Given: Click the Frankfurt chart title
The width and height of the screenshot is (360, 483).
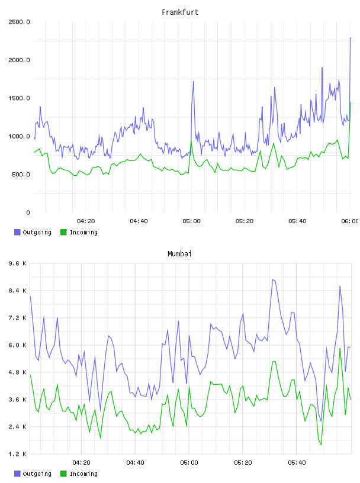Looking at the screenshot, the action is pyautogui.click(x=180, y=12).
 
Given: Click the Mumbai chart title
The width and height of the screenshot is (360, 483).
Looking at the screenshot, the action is pyautogui.click(x=179, y=254).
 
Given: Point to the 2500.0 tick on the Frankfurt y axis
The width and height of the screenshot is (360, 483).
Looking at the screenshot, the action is pyautogui.click(x=19, y=22).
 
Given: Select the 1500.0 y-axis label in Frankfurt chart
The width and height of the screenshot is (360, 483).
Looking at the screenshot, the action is pyautogui.click(x=19, y=98).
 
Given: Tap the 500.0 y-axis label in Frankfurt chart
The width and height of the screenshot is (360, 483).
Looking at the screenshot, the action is pyautogui.click(x=21, y=175).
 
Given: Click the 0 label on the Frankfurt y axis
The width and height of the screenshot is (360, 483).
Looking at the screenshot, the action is pyautogui.click(x=28, y=212).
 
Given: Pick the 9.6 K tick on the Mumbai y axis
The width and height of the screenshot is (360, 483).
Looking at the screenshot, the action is pyautogui.click(x=17, y=263).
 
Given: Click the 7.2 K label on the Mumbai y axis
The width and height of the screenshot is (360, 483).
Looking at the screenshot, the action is pyautogui.click(x=17, y=318).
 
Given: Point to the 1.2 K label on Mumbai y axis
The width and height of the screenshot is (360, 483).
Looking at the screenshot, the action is pyautogui.click(x=17, y=454).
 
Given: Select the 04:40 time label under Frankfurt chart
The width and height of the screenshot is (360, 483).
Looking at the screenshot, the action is pyautogui.click(x=139, y=221).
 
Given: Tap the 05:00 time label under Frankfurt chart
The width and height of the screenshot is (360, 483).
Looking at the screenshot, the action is pyautogui.click(x=191, y=221).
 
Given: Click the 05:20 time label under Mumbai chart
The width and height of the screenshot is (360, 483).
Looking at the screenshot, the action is pyautogui.click(x=243, y=463).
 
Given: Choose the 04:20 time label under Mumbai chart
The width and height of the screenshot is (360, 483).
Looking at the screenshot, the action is pyautogui.click(x=81, y=463).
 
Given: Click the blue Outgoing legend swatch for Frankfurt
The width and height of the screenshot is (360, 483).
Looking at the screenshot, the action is pyautogui.click(x=17, y=232).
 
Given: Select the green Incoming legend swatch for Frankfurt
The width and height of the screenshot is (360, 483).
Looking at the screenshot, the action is pyautogui.click(x=63, y=232).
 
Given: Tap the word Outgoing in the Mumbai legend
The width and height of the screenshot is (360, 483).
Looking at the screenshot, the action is pyautogui.click(x=37, y=474).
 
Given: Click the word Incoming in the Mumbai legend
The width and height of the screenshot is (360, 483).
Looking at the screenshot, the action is pyautogui.click(x=83, y=474).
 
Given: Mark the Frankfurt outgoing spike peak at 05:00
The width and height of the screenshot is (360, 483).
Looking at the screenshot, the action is pyautogui.click(x=193, y=82).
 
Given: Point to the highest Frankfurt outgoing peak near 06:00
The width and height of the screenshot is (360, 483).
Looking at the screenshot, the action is pyautogui.click(x=351, y=38).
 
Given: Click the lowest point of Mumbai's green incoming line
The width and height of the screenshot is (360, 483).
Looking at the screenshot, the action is pyautogui.click(x=321, y=445).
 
